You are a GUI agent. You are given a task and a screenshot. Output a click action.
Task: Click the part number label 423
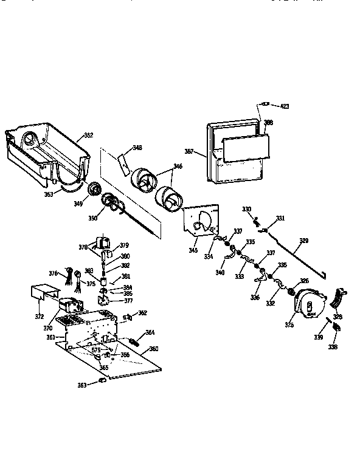pos(285,106)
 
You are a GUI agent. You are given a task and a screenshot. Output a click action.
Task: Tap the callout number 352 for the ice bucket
pos(88,135)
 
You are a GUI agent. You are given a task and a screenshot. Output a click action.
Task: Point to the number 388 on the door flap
pos(268,122)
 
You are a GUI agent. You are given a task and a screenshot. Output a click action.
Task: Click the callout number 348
pos(137,148)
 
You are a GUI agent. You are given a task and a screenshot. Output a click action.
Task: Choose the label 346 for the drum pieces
pos(178,165)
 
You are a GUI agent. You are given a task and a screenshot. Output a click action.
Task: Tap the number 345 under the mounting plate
pos(193,250)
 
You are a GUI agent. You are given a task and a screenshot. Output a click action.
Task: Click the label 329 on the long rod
pos(304,241)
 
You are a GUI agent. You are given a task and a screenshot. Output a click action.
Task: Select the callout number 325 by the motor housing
pos(289,325)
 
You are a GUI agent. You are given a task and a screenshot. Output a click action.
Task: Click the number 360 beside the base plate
pos(153,349)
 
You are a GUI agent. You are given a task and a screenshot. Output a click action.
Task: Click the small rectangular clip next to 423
pos(264,103)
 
